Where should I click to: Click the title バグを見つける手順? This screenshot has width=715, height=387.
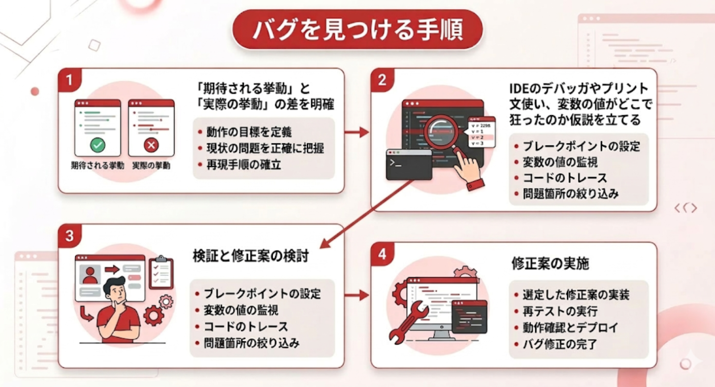357,30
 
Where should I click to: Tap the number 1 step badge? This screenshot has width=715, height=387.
69,79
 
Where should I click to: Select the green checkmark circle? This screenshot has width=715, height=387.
97,144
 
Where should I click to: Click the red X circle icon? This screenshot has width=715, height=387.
151,144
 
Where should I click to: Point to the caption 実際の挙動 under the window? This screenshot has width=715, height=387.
151,165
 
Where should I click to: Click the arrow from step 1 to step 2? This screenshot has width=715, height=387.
357,132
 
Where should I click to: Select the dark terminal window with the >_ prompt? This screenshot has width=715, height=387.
409,164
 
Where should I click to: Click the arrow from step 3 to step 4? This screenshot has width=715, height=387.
357,295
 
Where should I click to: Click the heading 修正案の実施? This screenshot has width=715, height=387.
550,264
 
